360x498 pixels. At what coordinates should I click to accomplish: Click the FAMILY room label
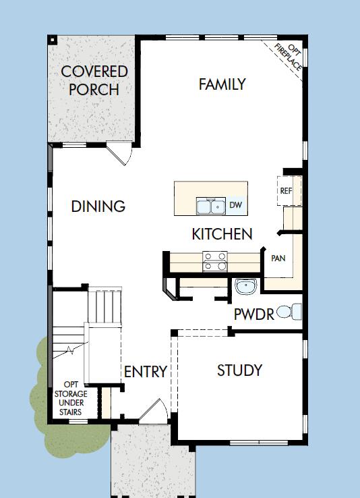coord(222,84)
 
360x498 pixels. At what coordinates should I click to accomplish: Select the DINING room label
coord(98,206)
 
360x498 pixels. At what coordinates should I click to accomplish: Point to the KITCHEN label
coord(222,234)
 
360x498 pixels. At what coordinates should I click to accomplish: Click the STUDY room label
coord(239,370)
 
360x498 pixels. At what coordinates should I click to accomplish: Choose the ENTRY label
coord(145,372)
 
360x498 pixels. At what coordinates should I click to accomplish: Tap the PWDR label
coord(254,314)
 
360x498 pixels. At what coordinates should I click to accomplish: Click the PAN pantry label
coord(278,258)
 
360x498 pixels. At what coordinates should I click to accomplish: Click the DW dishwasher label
coord(235,205)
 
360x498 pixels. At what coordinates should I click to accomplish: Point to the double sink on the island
coord(210,206)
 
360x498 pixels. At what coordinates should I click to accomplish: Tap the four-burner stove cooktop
coord(214,261)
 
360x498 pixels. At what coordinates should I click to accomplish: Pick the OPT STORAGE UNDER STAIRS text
coord(69,397)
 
